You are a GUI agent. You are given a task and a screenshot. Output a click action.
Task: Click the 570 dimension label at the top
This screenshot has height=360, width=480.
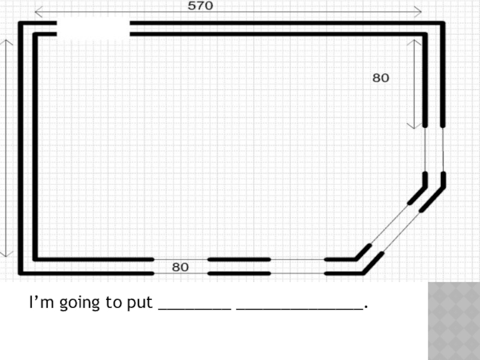[x=200, y=6]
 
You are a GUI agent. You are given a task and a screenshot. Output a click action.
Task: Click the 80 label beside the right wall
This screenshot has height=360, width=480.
[x=380, y=78]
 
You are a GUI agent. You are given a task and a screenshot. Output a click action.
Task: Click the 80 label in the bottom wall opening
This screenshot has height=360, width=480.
[x=181, y=267]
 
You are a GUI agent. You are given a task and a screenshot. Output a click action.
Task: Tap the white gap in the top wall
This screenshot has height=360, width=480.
[x=93, y=29]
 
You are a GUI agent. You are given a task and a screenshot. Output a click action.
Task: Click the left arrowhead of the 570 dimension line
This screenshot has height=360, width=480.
[x=37, y=11]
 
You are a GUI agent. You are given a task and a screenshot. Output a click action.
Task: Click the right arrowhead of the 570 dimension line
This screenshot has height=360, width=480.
[x=419, y=11]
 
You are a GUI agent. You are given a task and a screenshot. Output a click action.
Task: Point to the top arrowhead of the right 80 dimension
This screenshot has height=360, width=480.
[x=414, y=43]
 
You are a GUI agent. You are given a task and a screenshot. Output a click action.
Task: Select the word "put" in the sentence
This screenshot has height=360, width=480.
[x=139, y=303]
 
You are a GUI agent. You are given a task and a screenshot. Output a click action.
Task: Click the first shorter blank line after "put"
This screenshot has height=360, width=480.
[x=194, y=308]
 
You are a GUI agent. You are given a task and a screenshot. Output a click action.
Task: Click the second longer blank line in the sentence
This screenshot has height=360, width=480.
[x=300, y=308]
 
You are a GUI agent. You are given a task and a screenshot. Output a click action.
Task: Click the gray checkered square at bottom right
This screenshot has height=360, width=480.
[x=454, y=321]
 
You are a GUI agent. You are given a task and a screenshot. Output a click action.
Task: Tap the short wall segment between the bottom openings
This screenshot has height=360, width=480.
[x=239, y=266]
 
